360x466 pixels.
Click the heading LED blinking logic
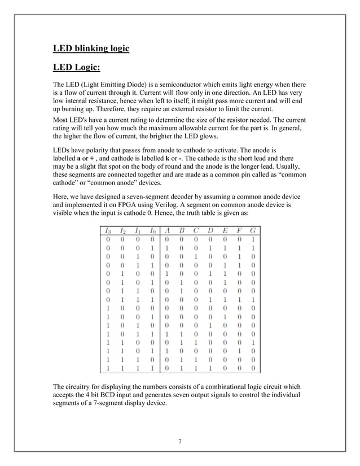coord(91,48)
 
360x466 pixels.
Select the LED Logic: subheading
coord(76,68)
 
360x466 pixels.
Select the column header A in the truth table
coord(168,230)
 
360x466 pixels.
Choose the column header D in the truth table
coord(210,230)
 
